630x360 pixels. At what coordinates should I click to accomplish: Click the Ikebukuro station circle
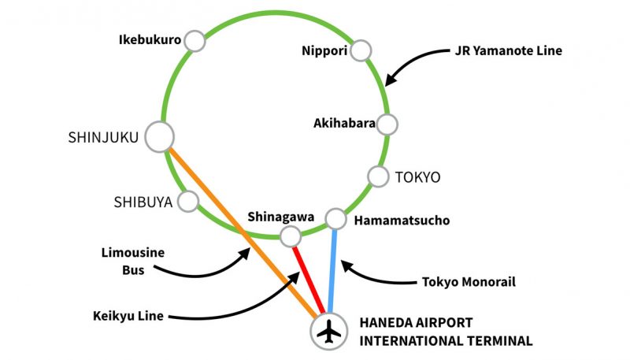195,40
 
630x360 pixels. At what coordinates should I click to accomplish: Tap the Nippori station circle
361,50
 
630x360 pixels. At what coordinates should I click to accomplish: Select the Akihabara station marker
387,124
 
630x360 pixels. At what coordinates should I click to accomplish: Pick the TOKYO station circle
379,176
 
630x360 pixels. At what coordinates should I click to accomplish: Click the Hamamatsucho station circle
336,218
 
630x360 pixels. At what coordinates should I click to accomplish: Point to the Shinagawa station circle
291,235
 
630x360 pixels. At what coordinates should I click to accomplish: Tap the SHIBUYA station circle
188,202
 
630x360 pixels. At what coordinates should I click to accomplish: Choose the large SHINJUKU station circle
160,137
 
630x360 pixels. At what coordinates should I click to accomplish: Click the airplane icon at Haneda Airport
329,332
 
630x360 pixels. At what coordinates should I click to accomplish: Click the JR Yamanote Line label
509,51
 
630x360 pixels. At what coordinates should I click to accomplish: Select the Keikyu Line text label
128,316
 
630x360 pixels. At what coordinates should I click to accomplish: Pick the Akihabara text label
344,123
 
